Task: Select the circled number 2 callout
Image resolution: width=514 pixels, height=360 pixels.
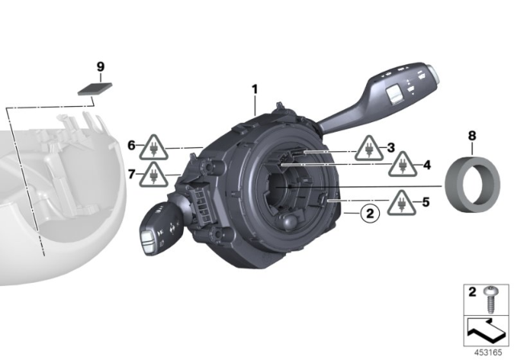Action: (x=369, y=213)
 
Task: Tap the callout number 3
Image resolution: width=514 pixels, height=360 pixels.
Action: (x=391, y=147)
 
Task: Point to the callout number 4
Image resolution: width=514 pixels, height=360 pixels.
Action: (x=427, y=166)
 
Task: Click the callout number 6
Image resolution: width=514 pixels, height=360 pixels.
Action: (x=131, y=145)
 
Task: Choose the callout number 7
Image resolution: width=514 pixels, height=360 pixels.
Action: (x=131, y=173)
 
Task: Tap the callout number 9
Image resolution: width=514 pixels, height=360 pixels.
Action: (x=100, y=64)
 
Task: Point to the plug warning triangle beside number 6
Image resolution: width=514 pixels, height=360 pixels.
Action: (x=153, y=148)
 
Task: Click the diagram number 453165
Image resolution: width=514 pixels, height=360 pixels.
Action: (x=487, y=351)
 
